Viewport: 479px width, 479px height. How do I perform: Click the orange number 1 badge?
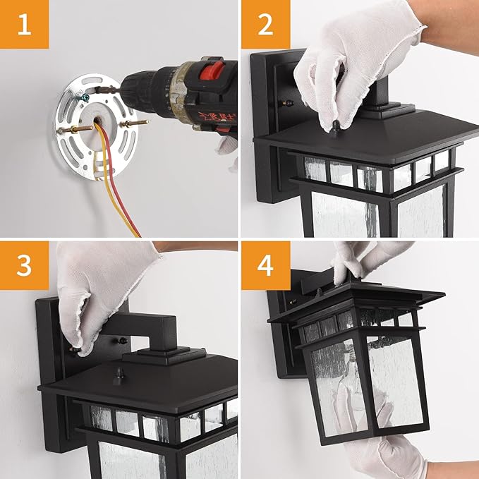[24, 25]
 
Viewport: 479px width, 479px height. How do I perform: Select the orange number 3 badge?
[24, 266]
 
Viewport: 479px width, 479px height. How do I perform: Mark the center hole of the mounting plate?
[99, 123]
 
